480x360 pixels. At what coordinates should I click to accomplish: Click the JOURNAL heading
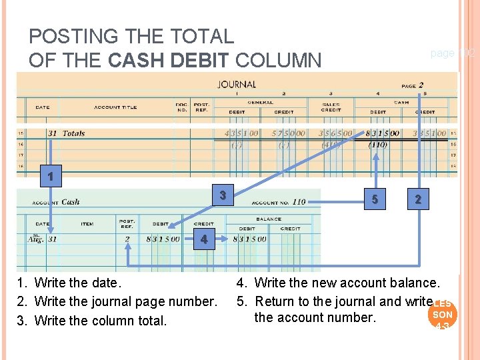(237, 85)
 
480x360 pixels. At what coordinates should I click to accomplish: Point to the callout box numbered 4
(204, 239)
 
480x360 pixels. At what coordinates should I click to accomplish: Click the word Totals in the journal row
(73, 133)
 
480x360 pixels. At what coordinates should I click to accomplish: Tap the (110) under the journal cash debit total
(377, 145)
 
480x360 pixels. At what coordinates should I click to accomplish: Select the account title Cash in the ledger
(70, 202)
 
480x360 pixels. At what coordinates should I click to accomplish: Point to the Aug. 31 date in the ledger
(42, 239)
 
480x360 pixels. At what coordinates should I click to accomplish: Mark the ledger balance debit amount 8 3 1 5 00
(249, 239)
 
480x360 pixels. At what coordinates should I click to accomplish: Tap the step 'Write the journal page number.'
(125, 302)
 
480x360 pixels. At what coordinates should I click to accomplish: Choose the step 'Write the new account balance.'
(347, 283)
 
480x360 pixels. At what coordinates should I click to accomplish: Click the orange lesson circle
(442, 314)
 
